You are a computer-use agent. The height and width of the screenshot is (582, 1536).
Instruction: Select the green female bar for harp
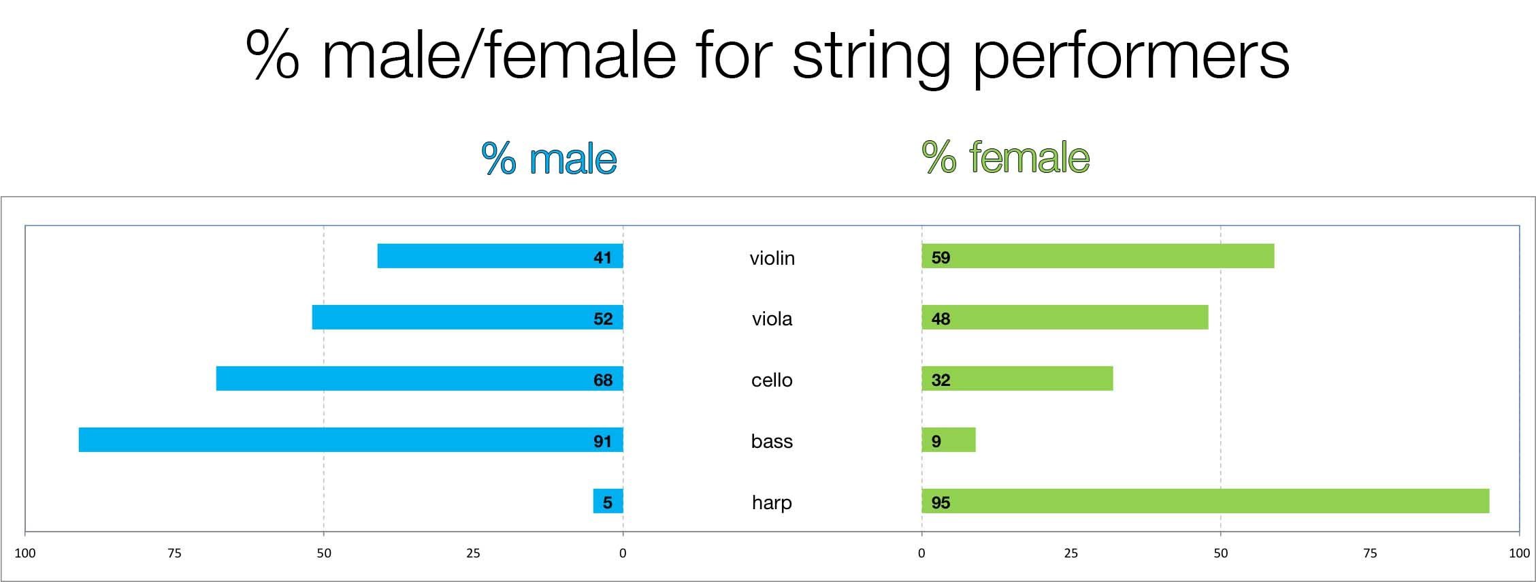[1205, 501]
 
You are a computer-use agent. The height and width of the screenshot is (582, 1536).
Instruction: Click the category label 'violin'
[772, 258]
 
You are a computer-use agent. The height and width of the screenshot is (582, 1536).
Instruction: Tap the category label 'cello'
[772, 380]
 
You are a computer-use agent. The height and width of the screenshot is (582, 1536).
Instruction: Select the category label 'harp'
[772, 502]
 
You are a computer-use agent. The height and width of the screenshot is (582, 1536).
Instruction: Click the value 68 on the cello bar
[603, 380]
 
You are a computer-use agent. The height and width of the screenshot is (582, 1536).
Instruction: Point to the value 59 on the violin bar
[941, 257]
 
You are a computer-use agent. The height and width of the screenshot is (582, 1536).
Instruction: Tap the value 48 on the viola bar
[941, 319]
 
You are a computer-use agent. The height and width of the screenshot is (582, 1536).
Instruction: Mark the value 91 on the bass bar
[603, 441]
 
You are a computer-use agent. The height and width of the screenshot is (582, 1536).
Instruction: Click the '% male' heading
[549, 159]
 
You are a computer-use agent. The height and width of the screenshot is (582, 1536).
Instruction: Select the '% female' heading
[1005, 157]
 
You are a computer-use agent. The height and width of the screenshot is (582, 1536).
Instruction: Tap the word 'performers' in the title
[1130, 56]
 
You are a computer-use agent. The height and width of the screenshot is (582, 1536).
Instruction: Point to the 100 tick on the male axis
[25, 553]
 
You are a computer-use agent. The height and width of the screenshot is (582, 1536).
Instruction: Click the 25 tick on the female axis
[1071, 553]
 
